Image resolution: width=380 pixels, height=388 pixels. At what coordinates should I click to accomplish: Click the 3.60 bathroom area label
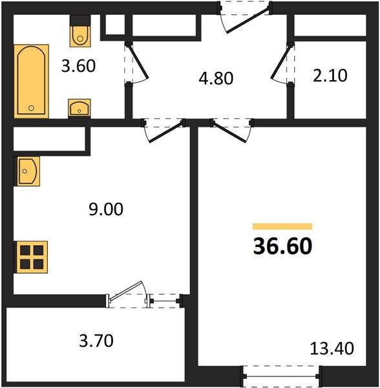coord(78,66)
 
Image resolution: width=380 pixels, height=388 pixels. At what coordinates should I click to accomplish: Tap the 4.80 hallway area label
coord(216,78)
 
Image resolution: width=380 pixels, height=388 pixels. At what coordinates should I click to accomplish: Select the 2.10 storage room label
coord(330,76)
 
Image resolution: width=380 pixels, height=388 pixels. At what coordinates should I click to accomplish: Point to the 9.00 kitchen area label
coord(106,209)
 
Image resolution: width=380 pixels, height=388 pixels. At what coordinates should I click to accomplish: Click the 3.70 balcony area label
coord(96,341)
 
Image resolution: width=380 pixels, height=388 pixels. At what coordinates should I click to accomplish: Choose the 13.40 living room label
coord(332,349)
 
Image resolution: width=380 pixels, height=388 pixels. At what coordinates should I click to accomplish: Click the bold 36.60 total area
coord(282,246)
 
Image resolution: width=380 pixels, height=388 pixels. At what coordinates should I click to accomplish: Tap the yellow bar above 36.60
coord(282,226)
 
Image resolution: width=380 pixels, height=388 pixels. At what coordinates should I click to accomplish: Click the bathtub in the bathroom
coord(31,81)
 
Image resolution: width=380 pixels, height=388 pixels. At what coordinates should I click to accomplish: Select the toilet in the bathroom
coord(80,31)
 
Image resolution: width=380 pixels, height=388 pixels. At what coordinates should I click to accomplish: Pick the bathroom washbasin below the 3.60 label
coord(79,108)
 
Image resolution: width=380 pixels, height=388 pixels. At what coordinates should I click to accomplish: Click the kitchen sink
coord(27,171)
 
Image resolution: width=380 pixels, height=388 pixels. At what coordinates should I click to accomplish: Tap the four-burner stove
coord(32,257)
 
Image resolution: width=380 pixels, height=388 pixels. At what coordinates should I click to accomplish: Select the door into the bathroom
coord(136,63)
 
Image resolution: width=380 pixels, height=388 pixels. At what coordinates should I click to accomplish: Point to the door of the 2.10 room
coord(282,63)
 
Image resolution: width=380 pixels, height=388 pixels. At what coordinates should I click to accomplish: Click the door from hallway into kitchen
coord(164,131)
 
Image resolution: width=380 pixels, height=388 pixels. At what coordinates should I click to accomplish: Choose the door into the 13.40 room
coord(232,131)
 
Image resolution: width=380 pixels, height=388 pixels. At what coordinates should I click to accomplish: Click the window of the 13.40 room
coord(281,376)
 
